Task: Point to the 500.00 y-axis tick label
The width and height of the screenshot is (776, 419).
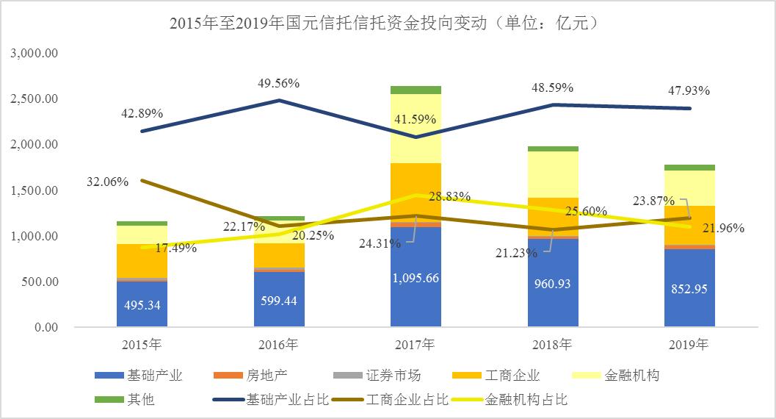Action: pyautogui.click(x=41, y=282)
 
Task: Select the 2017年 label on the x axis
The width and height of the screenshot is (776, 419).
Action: pyautogui.click(x=416, y=344)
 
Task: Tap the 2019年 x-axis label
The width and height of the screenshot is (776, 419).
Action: pyautogui.click(x=690, y=344)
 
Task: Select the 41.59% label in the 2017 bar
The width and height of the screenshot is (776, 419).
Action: pyautogui.click(x=416, y=118)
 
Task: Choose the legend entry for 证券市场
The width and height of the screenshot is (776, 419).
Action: pyautogui.click(x=393, y=376)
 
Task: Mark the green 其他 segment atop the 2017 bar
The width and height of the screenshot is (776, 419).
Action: pyautogui.click(x=416, y=90)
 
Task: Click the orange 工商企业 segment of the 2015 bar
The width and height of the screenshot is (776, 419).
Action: pyautogui.click(x=142, y=260)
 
